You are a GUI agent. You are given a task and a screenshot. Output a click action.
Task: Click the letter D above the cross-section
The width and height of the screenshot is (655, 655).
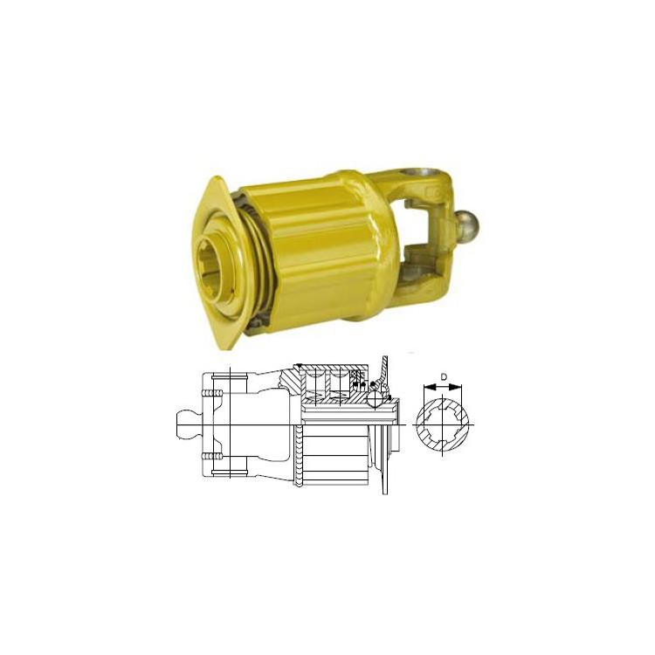444,377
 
